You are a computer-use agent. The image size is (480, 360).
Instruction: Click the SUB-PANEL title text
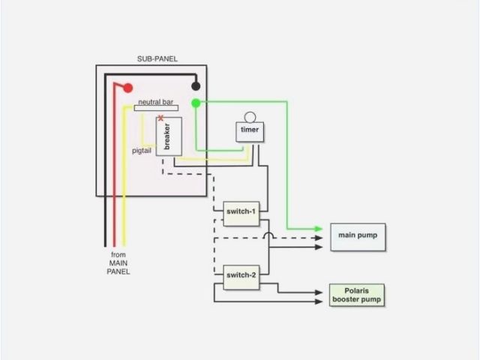157,59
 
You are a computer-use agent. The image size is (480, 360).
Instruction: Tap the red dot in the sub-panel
128,88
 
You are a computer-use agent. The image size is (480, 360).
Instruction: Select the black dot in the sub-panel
196,86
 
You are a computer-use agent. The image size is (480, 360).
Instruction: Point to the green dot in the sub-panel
196,103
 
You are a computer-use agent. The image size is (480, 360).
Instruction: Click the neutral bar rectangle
156,108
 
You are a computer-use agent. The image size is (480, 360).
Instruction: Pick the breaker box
168,136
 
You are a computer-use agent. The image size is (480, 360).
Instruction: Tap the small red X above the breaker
160,118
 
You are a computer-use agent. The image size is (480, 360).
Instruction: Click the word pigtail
142,151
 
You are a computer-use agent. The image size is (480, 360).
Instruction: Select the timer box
250,131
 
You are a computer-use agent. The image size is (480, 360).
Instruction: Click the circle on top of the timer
250,117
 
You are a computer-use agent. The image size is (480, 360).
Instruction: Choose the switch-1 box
241,212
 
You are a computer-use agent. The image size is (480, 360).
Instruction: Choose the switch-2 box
241,277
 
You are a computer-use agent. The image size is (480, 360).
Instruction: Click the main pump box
358,236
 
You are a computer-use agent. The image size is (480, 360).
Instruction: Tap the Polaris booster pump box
356,295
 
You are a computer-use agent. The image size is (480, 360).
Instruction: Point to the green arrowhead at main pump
319,229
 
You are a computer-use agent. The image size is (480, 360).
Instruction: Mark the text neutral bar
155,100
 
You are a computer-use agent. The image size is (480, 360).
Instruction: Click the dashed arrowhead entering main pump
319,238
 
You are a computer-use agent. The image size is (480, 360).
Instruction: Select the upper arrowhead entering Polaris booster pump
319,292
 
